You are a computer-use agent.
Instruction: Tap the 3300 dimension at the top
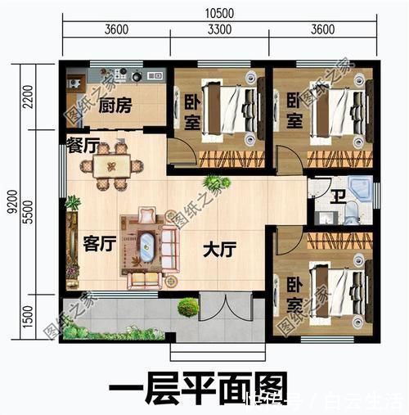point(220,30)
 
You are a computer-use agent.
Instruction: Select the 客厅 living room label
point(98,243)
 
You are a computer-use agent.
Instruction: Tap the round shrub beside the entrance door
point(188,308)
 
